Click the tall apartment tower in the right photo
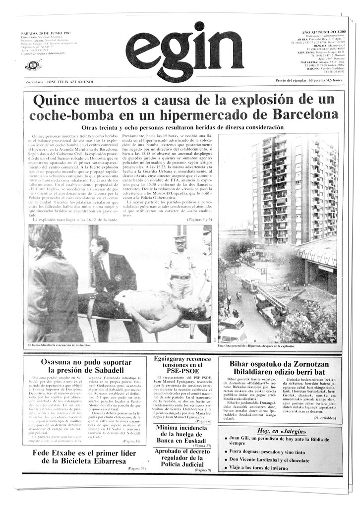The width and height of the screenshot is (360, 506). click(x=292, y=188)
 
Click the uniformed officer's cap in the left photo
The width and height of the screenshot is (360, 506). click(x=180, y=238)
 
